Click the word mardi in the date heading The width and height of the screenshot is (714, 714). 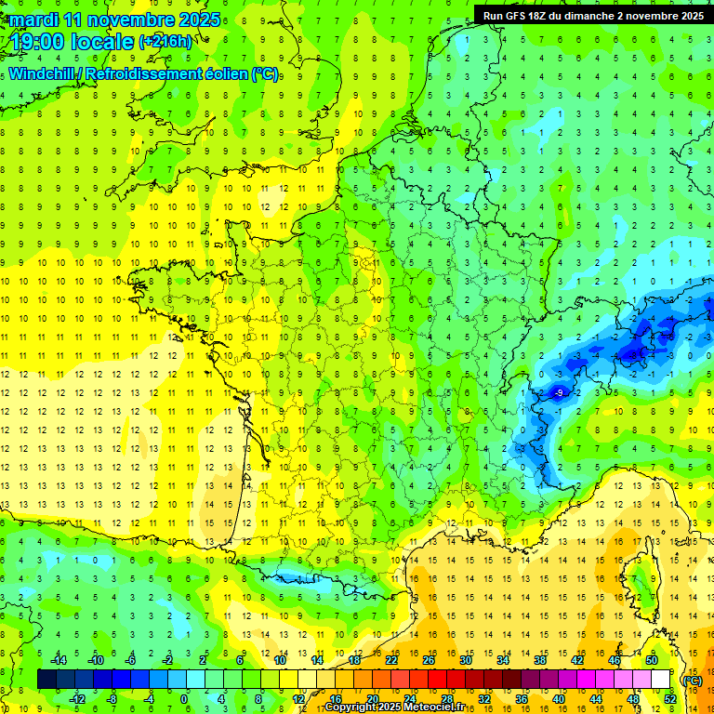click(36, 20)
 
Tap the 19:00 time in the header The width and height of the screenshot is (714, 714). click(45, 42)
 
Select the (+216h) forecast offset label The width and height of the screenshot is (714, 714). click(165, 42)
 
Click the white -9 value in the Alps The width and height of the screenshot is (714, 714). click(559, 393)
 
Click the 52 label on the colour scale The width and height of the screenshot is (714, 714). click(669, 699)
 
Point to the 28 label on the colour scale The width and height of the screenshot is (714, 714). click(446, 699)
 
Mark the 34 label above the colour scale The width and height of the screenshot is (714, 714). click(503, 660)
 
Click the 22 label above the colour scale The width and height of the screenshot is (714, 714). click(391, 660)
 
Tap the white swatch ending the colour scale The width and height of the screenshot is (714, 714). click(661, 680)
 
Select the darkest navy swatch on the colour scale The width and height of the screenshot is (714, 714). click(46, 680)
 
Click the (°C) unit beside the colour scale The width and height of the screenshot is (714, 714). click(692, 680)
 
